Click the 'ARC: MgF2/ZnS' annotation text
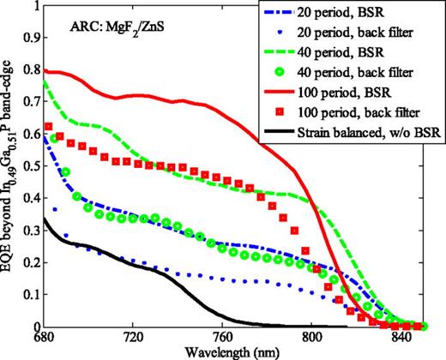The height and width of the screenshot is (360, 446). pyautogui.click(x=118, y=39)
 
